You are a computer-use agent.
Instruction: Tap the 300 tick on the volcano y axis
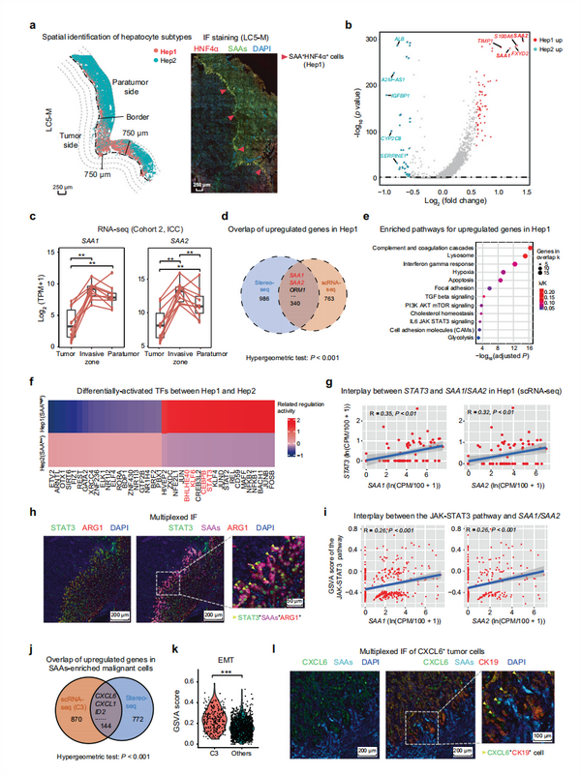(x=370, y=38)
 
